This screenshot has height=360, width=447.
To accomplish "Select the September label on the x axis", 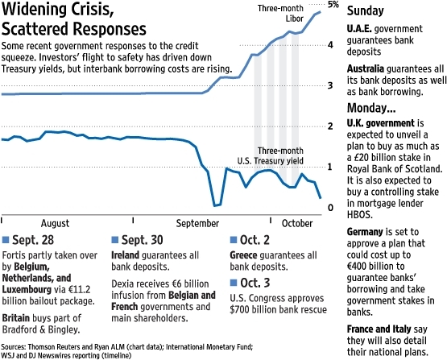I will coord(197,223).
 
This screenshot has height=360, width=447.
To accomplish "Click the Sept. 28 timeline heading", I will coord(33,240).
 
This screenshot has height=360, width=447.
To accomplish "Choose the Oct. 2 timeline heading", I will coord(256,240).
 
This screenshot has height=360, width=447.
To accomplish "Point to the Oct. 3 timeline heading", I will coord(256,282).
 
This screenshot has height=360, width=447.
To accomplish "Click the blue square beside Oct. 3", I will coord(234,282).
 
